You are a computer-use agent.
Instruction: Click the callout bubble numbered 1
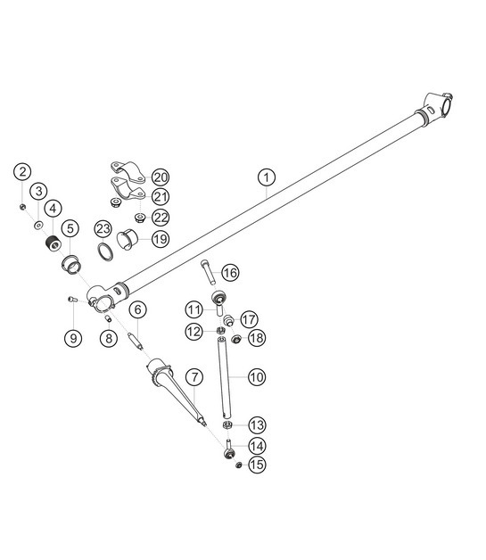point(265,177)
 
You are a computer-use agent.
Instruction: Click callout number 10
point(256,377)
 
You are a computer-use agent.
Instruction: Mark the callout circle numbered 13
point(256,424)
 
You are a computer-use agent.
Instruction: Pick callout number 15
point(256,465)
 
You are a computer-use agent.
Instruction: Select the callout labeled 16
point(229,272)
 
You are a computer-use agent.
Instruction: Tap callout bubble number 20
point(160,177)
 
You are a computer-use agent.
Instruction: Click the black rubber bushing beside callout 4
point(54,243)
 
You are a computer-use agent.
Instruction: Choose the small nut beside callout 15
point(237,465)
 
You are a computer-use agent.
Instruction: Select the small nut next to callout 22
point(139,217)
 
